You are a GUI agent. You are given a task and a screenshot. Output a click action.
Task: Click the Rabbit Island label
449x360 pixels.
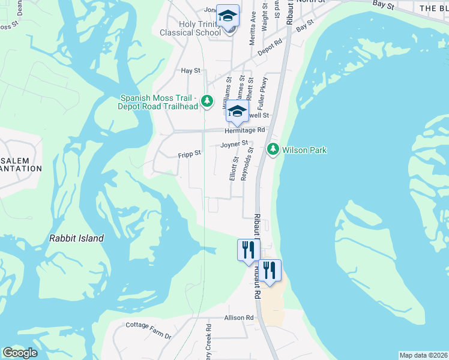[x=76, y=238]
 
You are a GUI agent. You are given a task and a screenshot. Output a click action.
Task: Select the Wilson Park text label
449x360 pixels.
[x=304, y=150]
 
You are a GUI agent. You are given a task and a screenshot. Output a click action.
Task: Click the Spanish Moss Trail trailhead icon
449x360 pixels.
[x=207, y=100]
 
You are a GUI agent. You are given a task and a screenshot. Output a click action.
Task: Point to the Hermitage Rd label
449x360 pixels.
[x=244, y=130]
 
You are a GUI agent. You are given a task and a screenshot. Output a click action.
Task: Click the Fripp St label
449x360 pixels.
[x=189, y=154]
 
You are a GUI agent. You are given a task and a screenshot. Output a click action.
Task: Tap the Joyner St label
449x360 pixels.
[x=234, y=145]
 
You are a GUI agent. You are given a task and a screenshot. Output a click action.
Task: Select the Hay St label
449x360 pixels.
[x=190, y=70]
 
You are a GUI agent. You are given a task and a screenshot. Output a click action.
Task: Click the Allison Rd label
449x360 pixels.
[x=239, y=317]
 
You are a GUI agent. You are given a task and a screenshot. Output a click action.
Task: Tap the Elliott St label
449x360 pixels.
[x=234, y=168]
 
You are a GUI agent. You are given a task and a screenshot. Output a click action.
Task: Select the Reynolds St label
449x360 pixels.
[x=245, y=164]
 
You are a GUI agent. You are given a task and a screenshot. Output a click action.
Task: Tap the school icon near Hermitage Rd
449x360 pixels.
[x=237, y=111]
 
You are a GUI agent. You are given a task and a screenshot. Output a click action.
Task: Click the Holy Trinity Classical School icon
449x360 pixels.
[x=228, y=16]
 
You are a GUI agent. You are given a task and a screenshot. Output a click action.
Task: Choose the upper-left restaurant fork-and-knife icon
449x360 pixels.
[x=249, y=249]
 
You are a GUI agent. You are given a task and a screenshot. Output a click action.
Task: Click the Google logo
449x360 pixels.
[x=20, y=353]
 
